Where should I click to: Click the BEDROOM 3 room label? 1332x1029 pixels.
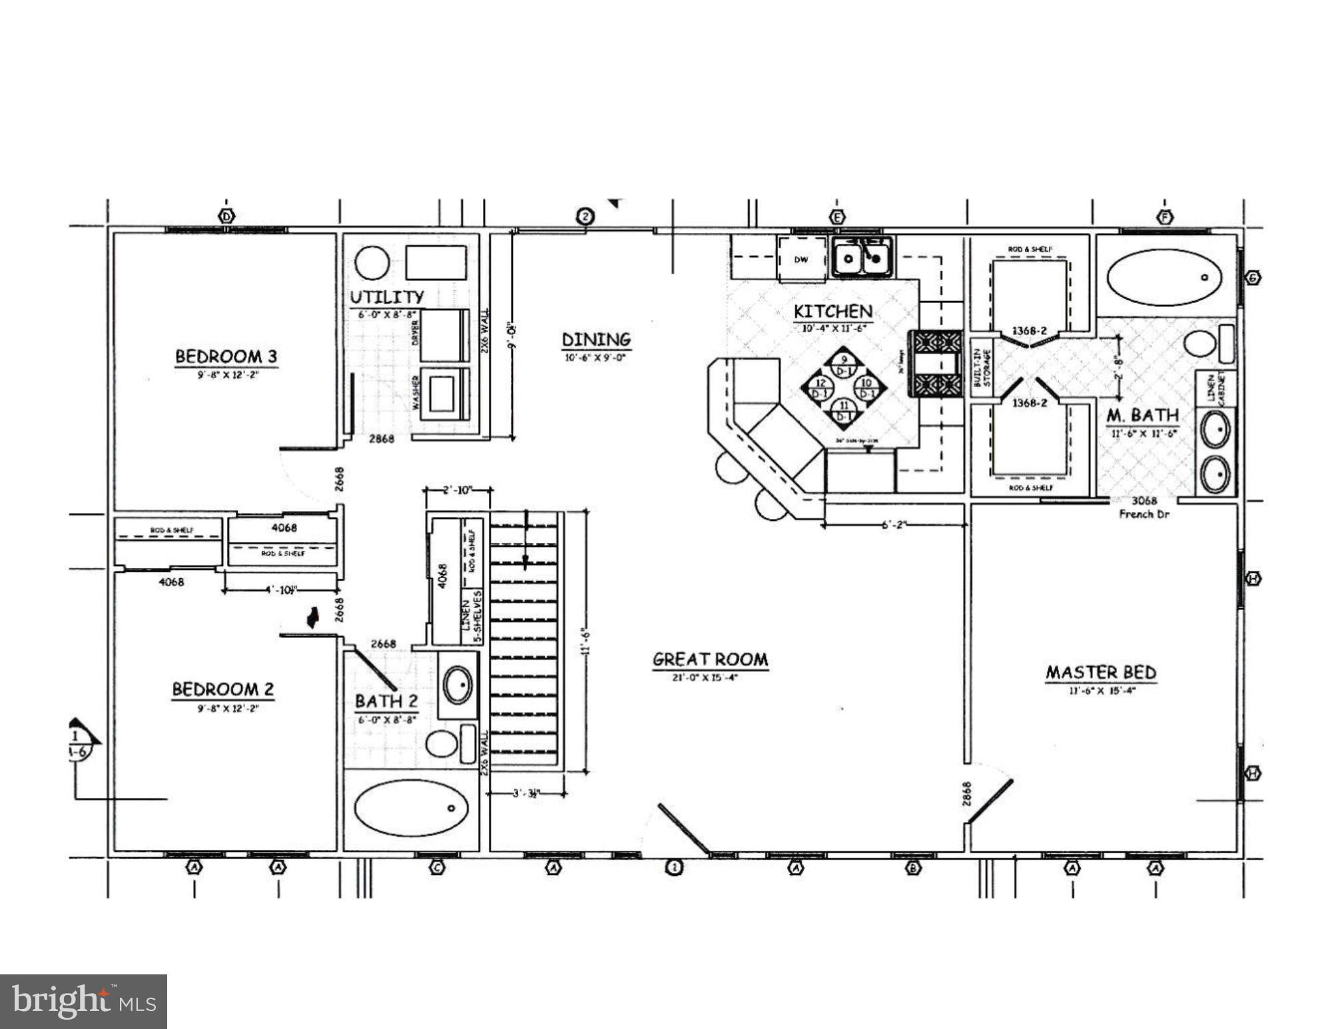click(226, 356)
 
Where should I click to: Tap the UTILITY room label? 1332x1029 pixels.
click(387, 296)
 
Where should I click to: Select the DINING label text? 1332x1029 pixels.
click(596, 340)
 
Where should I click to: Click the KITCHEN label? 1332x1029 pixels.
click(832, 311)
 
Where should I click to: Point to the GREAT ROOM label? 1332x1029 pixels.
click(710, 659)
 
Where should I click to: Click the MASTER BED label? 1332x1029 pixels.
click(1101, 673)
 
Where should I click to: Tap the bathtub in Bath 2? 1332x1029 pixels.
click(411, 808)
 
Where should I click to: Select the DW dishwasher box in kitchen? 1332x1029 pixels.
click(801, 260)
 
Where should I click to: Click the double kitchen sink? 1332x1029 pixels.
click(862, 257)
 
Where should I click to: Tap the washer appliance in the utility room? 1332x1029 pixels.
click(442, 393)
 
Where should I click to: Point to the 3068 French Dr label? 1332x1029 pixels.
click(1144, 507)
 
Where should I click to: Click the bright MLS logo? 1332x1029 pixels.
click(83, 1001)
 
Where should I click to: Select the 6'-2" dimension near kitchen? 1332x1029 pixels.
click(894, 525)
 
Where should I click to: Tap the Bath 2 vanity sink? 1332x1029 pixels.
click(458, 685)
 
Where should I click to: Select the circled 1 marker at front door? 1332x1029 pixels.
click(675, 868)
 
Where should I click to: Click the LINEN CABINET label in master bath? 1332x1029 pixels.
click(1216, 388)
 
